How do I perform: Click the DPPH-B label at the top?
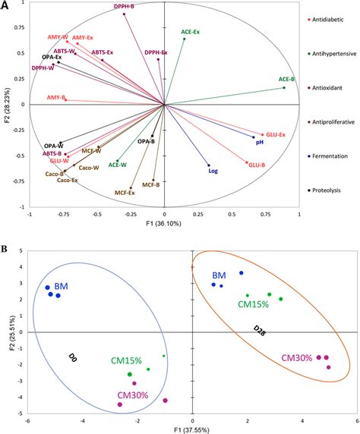point(125,6)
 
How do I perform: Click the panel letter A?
point(6,6)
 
